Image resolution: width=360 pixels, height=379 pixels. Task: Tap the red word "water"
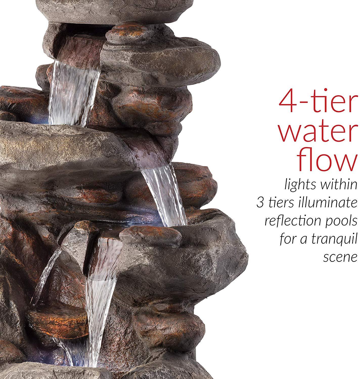(x=317, y=132)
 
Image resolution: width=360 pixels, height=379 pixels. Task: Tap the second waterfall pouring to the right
(x=164, y=195)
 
